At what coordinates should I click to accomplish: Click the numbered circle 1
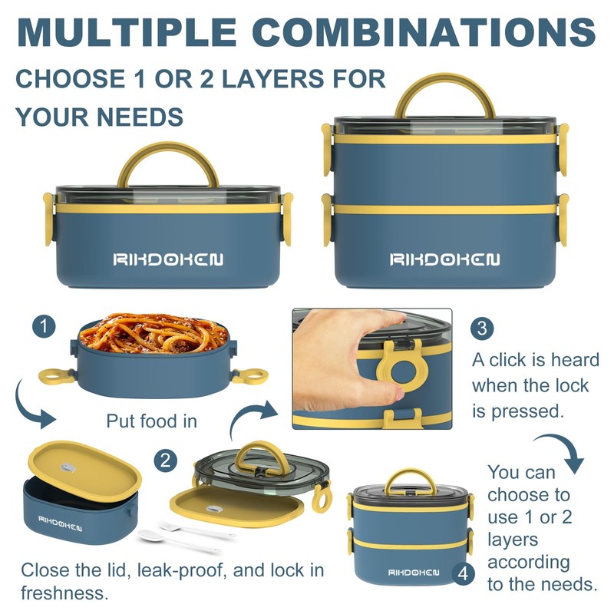[x=44, y=326]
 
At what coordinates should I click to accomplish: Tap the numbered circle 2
[x=165, y=460]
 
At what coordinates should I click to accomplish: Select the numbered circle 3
[x=482, y=328]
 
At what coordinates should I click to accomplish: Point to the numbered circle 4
[x=464, y=574]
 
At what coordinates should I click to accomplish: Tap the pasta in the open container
[x=153, y=333]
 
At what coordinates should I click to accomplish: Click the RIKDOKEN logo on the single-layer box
[x=168, y=259]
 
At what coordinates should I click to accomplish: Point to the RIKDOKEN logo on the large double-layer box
[x=445, y=259]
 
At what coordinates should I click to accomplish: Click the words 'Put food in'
[x=151, y=421]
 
